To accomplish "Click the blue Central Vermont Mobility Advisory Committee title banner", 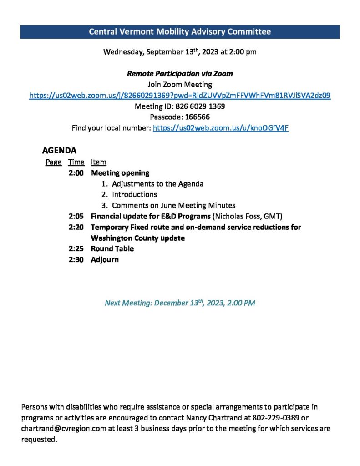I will coord(180,32).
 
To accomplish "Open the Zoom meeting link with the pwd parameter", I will coord(180,96).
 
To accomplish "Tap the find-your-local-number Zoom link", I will coord(221,128).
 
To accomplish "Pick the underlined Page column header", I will coord(53,162).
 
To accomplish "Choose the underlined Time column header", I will coord(76,162).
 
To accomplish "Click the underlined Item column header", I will coord(98,162).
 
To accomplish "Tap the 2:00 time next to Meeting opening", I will coord(76,173).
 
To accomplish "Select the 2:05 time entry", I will coord(76,216).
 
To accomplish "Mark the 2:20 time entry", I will coord(76,227).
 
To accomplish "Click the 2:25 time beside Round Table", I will coord(76,249).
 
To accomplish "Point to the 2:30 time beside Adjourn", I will coord(76,260).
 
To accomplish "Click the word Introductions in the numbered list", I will coord(135,194).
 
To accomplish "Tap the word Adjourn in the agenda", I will coord(105,260).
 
